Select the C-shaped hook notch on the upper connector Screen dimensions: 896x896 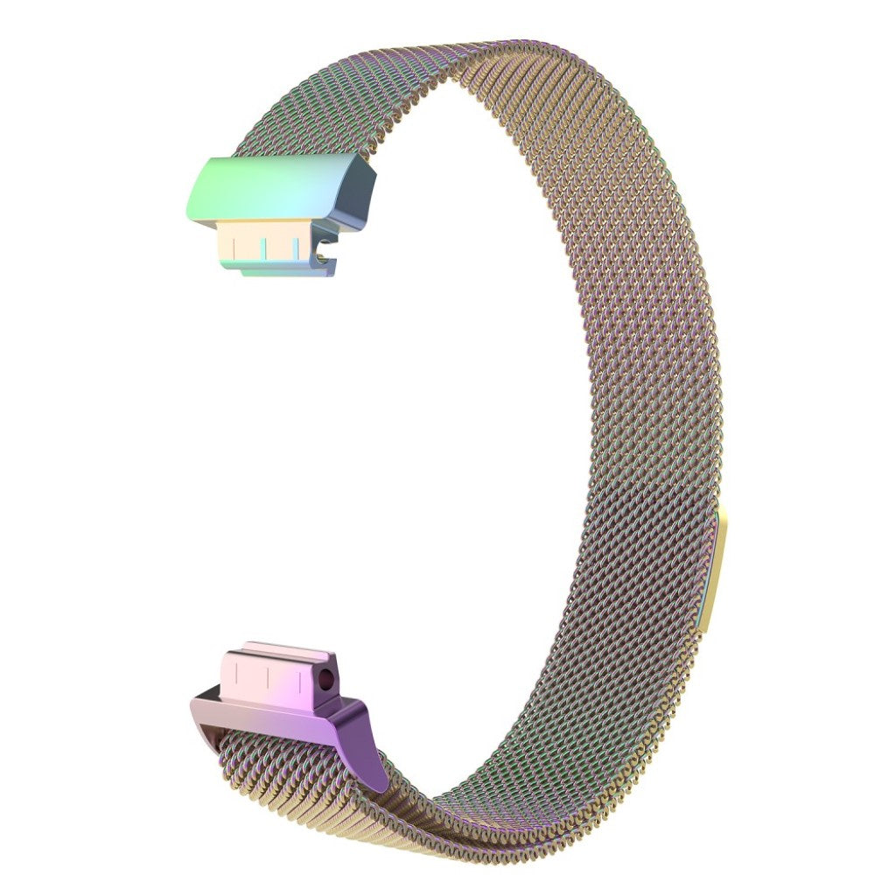[325, 257]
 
